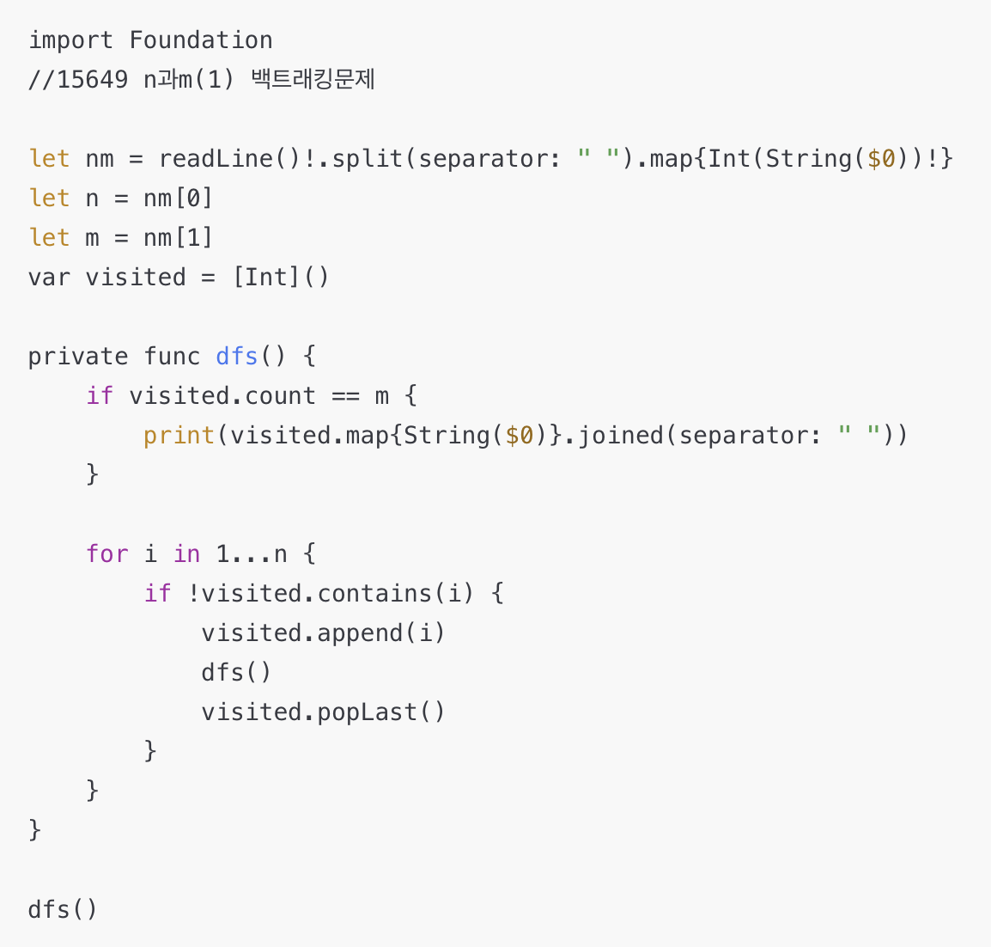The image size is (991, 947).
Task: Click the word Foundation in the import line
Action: tap(201, 40)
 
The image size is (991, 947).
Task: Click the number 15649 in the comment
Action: tap(93, 80)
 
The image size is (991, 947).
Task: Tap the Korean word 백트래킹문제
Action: tap(313, 80)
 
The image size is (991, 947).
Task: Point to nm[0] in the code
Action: tap(178, 199)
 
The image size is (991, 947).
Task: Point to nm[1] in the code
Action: tap(178, 238)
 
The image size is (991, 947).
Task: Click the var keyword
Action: tap(49, 278)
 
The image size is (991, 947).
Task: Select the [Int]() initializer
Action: tap(281, 278)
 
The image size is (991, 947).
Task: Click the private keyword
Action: tap(78, 357)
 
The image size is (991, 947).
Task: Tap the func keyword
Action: tap(172, 357)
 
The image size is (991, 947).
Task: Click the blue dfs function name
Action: tap(237, 357)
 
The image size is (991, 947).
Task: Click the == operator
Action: tap(345, 396)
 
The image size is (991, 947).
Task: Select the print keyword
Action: tap(179, 436)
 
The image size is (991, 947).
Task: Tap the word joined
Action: tap(620, 436)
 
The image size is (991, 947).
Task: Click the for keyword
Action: tap(106, 554)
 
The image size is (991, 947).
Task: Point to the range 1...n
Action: tap(251, 554)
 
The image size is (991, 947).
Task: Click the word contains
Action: tap(374, 594)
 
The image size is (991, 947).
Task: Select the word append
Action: tap(359, 633)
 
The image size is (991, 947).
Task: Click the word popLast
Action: tap(367, 712)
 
